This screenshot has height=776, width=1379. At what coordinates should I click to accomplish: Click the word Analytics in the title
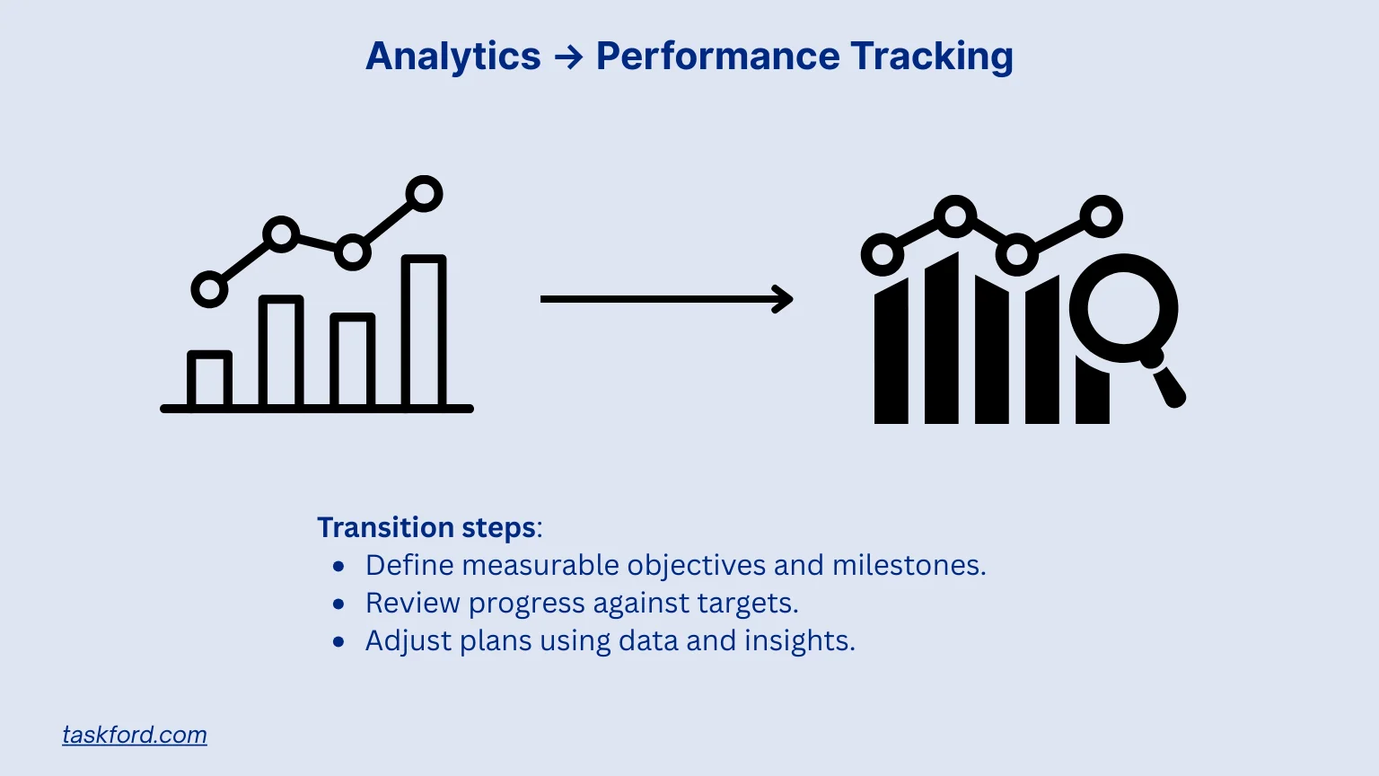[x=452, y=57]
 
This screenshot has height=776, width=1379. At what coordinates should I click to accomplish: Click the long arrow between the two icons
[x=665, y=299]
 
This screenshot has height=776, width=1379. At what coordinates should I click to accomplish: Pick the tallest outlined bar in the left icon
[x=424, y=332]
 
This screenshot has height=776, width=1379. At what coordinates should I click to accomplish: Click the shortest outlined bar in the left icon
[x=210, y=379]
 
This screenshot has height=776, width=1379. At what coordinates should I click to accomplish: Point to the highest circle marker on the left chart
[x=424, y=193]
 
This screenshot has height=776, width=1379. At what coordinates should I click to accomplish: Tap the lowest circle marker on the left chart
[x=209, y=290]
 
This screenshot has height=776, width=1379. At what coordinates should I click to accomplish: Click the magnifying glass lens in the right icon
[x=1123, y=308]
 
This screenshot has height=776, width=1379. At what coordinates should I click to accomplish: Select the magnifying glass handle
[x=1168, y=385]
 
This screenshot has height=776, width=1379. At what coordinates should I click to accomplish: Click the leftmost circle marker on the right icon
[x=883, y=255]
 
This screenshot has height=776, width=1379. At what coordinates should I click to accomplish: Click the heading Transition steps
[x=427, y=527]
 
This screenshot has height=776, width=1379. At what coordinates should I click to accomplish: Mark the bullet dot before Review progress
[x=338, y=604]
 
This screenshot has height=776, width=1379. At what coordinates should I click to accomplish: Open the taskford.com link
[x=135, y=735]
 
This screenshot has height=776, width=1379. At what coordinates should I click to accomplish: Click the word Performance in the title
[x=716, y=57]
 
